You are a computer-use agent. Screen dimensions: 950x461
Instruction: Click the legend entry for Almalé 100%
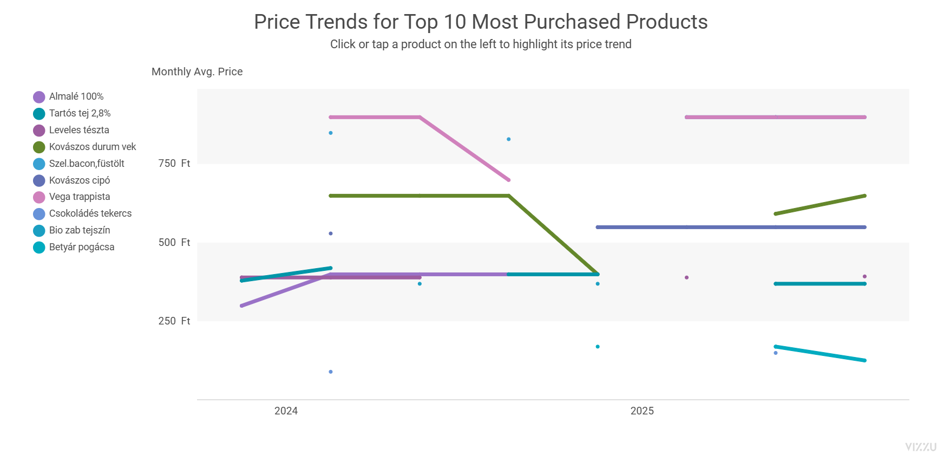click(x=68, y=96)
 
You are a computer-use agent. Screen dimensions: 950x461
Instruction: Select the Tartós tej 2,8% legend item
click(x=72, y=113)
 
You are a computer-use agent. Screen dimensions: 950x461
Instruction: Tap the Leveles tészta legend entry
click(x=71, y=130)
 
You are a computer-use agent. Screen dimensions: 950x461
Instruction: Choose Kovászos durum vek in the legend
click(x=84, y=147)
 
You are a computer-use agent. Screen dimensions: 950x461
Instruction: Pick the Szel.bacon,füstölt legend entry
click(x=78, y=164)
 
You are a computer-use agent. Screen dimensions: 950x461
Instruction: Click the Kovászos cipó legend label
click(x=71, y=180)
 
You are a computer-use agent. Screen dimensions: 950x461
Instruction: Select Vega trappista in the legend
click(x=71, y=197)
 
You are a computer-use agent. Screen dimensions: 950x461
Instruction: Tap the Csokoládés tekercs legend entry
click(x=82, y=213)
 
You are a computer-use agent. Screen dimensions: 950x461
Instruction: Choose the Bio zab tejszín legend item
click(x=71, y=230)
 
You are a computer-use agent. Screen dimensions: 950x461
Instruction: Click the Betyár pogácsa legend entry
click(x=74, y=247)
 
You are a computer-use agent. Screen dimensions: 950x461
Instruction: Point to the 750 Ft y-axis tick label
click(x=174, y=164)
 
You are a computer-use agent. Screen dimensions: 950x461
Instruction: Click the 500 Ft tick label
click(x=174, y=242)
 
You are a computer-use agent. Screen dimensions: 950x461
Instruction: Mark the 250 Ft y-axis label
click(x=174, y=321)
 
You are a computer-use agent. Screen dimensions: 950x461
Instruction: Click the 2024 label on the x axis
click(x=286, y=411)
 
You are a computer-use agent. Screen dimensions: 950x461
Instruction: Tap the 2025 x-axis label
click(x=642, y=411)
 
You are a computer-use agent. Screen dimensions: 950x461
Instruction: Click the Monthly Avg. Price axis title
click(x=197, y=72)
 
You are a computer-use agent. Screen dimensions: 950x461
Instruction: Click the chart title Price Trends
click(x=481, y=22)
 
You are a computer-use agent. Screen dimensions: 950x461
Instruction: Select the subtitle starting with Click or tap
click(x=481, y=44)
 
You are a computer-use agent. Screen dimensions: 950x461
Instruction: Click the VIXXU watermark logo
click(x=921, y=447)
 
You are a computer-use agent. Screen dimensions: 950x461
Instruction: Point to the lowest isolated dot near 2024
click(x=331, y=372)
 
